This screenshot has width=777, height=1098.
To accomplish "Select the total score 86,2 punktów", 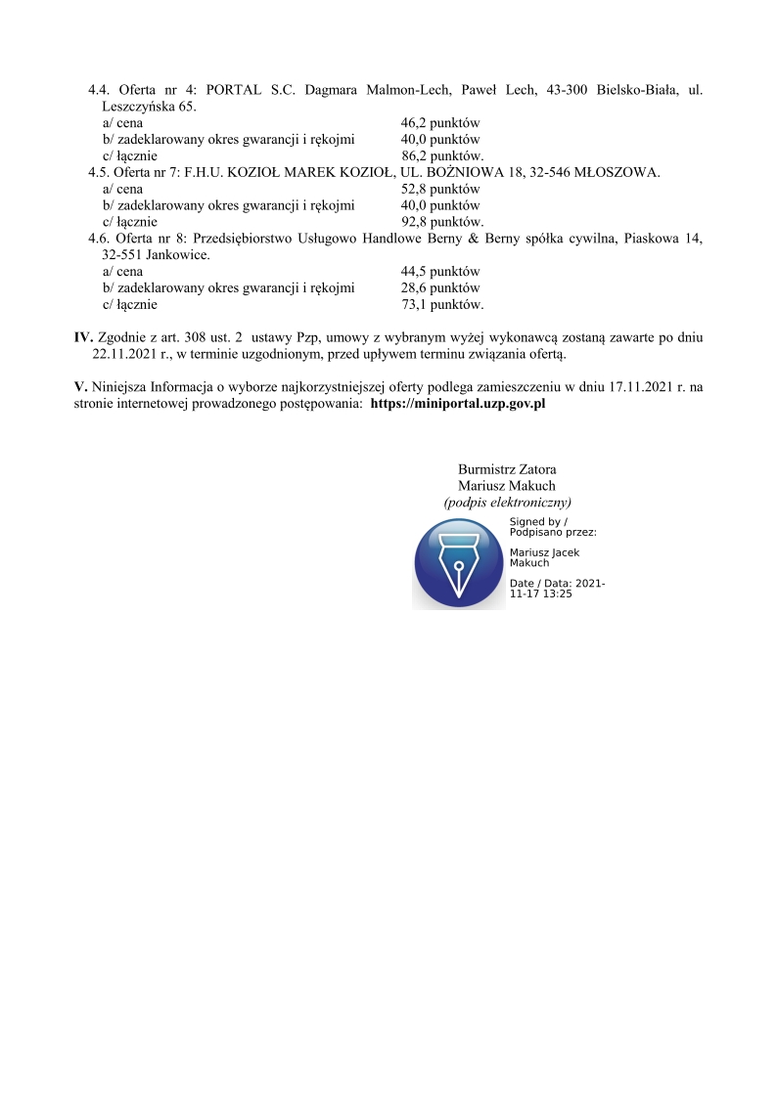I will [442, 155].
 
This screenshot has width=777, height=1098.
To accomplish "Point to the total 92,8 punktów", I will [442, 222].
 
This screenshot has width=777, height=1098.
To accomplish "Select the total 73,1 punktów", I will [442, 304].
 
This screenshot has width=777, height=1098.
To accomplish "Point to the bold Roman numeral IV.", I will [83, 337].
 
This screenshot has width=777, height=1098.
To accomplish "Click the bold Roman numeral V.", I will [80, 386].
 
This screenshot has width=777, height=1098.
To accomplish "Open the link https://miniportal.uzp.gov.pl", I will [457, 403].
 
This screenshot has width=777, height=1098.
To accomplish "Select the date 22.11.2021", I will [124, 354].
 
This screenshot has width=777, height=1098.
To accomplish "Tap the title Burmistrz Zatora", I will [507, 469].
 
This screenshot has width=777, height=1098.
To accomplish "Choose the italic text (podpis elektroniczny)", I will [507, 502].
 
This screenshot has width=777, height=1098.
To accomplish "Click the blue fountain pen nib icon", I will [458, 564].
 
